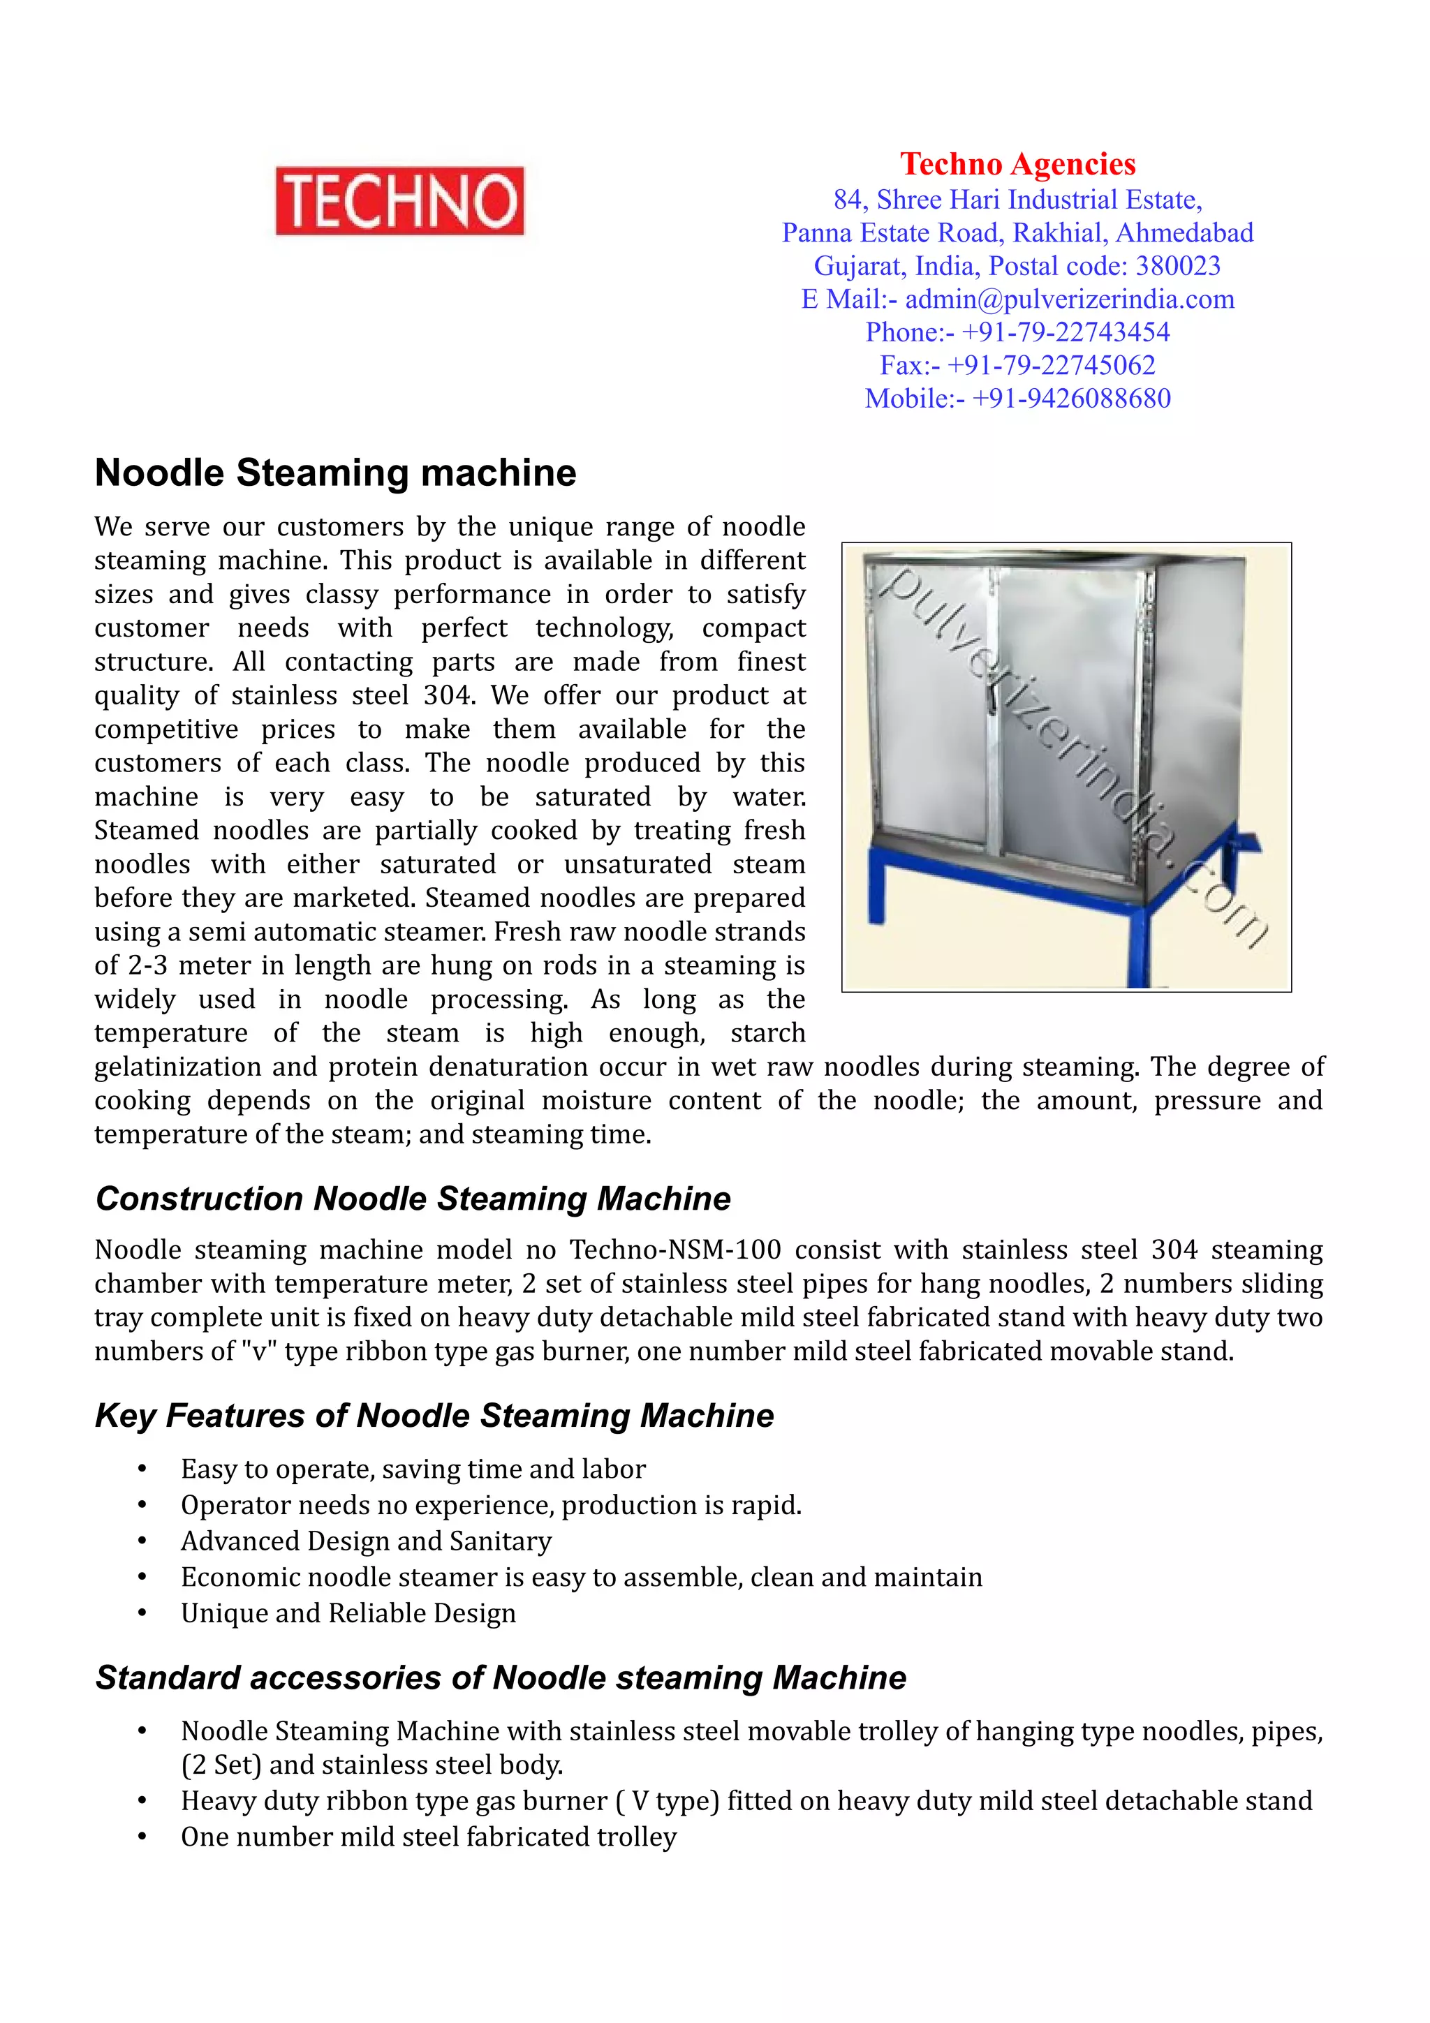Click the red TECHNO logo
click(x=399, y=201)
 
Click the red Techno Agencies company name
click(x=1017, y=164)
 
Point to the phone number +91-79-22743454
click(x=1064, y=332)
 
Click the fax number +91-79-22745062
click(x=1050, y=365)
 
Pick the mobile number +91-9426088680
click(x=1070, y=399)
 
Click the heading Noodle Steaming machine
click(x=335, y=473)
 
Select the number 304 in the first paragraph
click(x=448, y=696)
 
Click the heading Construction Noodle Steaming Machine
click(x=413, y=1199)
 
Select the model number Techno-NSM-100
click(x=675, y=1250)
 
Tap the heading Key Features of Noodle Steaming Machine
click(x=434, y=1416)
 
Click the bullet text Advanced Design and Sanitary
click(x=366, y=1541)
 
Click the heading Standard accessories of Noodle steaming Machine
click(x=501, y=1678)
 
